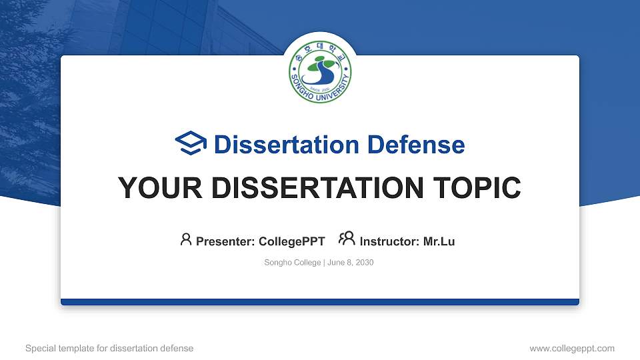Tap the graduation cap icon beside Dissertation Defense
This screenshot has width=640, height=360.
[x=191, y=144]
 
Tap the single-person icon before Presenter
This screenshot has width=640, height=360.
[x=186, y=239]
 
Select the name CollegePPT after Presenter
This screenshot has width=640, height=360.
[x=291, y=241]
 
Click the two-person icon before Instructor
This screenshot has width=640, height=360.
[x=347, y=239]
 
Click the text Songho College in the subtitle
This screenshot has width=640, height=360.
[x=293, y=263]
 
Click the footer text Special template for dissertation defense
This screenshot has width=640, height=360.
[x=109, y=348]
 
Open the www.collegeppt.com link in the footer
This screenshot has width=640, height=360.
[x=571, y=348]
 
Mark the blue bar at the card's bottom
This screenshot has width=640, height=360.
[x=320, y=302]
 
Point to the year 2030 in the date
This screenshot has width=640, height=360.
[x=365, y=263]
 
